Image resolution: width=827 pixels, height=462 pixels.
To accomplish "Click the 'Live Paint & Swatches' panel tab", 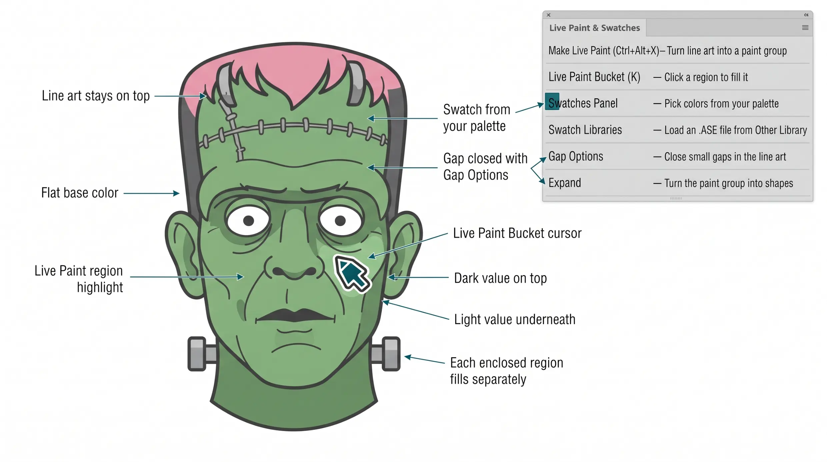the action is pos(594,28).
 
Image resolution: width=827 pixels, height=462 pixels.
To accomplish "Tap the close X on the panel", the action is pos(549,15).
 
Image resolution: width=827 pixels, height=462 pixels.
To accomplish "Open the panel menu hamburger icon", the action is pos(805,28).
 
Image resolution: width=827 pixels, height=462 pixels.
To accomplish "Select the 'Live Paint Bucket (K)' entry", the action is pos(594,77).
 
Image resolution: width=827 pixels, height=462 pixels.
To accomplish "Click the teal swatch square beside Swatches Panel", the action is pos(552,101).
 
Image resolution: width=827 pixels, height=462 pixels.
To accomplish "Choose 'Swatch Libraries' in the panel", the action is pos(585,130).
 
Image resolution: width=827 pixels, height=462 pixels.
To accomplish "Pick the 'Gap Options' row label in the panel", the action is pos(576,156).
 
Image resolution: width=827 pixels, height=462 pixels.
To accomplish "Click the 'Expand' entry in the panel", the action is pos(565,183).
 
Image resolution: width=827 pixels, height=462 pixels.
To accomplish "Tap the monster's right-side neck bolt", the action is pos(386,354).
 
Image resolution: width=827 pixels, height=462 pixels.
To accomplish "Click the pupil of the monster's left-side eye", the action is pos(248,220).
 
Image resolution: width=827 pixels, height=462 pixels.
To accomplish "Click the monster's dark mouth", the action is pos(295,316).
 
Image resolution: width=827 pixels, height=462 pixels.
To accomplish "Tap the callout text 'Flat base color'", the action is pos(80,193).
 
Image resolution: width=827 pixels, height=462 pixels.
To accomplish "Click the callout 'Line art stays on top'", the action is pos(96,96).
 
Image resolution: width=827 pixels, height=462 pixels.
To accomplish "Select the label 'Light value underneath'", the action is pos(515,320).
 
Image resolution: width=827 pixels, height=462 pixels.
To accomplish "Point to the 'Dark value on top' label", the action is pos(500,278).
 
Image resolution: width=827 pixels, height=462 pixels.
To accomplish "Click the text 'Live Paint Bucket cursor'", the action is pos(517,233).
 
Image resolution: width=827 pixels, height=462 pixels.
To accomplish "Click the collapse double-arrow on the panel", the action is pos(806,15).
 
